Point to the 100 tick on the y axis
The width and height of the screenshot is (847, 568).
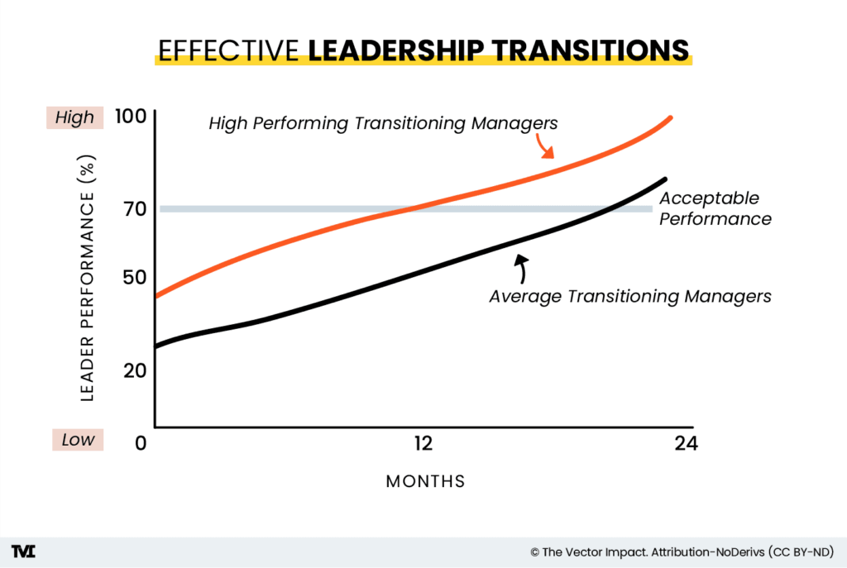[x=130, y=117]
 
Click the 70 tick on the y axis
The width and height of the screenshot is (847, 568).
[x=130, y=208]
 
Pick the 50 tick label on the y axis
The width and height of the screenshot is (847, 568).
[x=130, y=275]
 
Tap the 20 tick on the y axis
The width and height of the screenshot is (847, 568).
[x=130, y=370]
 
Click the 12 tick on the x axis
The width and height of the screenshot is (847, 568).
[x=423, y=444]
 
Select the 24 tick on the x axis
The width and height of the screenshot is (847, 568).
[x=686, y=444]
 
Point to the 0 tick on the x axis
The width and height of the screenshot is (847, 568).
[x=141, y=444]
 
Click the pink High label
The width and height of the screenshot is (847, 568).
[x=75, y=117]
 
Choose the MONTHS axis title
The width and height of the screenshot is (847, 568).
[x=425, y=481]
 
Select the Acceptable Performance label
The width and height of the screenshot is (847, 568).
[x=715, y=209]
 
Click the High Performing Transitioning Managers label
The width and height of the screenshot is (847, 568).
[x=383, y=124]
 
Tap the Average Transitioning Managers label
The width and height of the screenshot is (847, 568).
[x=629, y=296]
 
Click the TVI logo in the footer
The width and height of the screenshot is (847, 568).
[x=24, y=551]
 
